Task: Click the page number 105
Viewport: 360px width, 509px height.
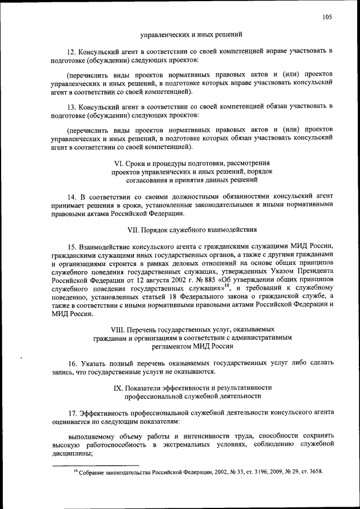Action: coord(327,17)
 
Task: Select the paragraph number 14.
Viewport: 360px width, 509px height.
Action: coord(71,197)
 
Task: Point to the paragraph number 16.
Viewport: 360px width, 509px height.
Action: coord(71,363)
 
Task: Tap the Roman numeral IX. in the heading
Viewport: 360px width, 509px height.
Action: coord(118,388)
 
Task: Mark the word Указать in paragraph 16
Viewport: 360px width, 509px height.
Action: coord(92,363)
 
